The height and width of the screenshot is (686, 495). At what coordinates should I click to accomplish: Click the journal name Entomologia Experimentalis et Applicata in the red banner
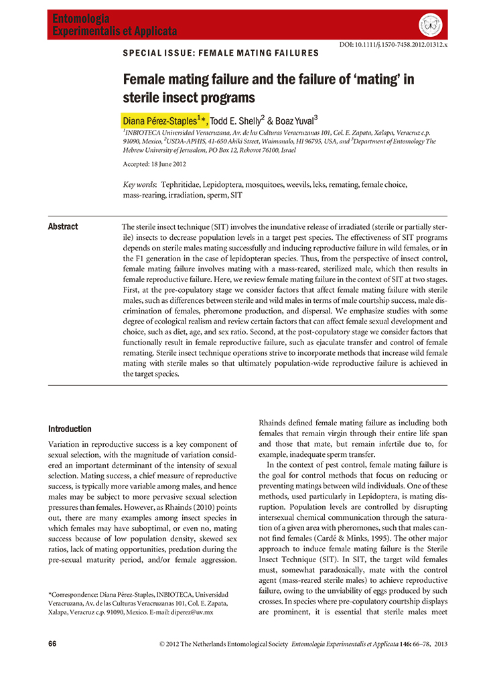coord(115,25)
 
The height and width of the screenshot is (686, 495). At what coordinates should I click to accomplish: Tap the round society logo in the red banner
coord(430,25)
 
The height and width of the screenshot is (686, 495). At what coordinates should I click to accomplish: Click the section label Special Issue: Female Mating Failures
coord(221,53)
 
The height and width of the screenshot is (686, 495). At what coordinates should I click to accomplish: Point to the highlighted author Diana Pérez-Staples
coord(165,121)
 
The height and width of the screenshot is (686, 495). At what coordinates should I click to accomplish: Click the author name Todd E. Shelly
coord(238,121)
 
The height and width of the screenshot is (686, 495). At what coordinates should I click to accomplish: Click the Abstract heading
coord(63,226)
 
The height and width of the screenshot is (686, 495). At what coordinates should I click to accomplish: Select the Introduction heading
coord(70,429)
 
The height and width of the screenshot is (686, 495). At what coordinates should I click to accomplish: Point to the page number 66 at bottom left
coord(52,643)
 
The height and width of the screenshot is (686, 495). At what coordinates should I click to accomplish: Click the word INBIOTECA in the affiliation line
coord(149,133)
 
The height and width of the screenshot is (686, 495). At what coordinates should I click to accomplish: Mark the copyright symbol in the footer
coord(162,644)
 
